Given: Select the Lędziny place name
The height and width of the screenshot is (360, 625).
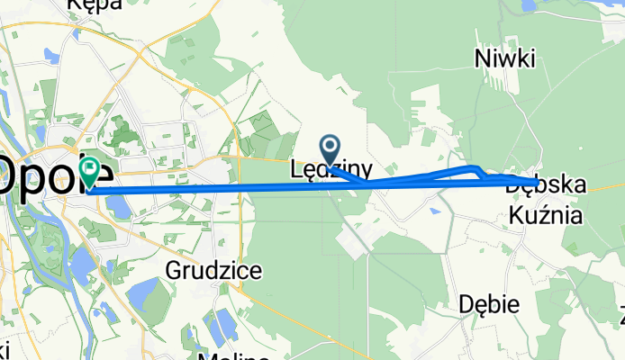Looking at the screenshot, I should point(331,168).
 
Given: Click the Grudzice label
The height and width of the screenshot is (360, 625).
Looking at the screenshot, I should point(214,269).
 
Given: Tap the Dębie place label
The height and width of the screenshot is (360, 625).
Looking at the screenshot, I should point(487,304).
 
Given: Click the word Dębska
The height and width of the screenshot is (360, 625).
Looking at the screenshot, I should point(546,186).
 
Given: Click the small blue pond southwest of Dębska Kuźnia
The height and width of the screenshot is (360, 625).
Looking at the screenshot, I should point(436,212).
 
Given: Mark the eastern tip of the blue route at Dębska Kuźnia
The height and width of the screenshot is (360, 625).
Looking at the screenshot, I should point(538,184).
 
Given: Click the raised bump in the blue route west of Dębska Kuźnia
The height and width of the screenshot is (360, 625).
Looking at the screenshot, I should point(468,168).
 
